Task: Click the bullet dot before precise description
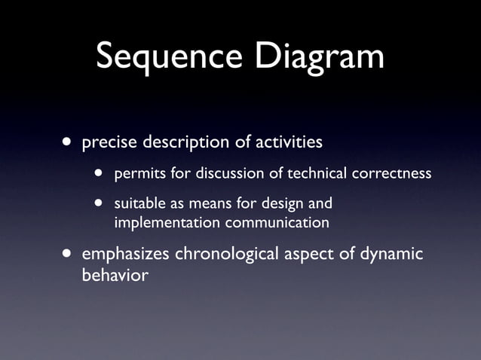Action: pos(69,142)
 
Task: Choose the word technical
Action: pos(309,174)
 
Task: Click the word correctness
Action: pos(391,174)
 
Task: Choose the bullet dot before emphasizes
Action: pos(69,255)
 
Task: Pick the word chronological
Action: pos(228,255)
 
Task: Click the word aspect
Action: pos(311,255)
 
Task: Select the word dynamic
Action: pos(391,255)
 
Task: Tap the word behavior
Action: pos(114,275)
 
